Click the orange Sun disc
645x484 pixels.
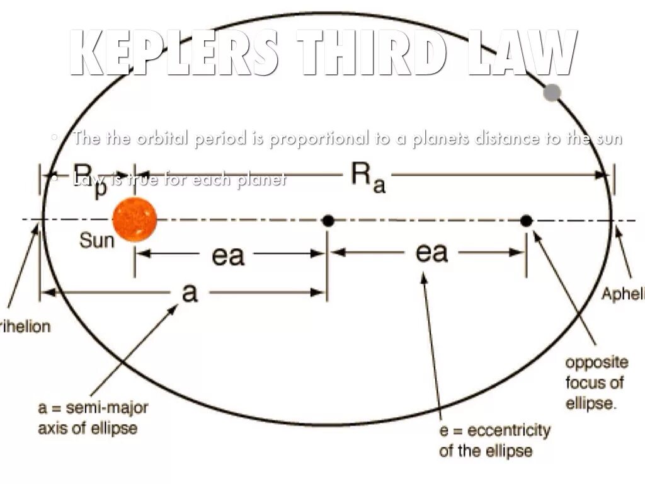[134, 219]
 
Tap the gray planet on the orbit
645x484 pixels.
[552, 93]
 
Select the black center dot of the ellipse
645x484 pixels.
[328, 221]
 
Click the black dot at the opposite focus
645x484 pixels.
[527, 221]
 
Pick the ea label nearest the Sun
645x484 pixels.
[228, 256]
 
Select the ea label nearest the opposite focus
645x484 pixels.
[431, 253]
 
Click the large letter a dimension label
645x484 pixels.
[189, 292]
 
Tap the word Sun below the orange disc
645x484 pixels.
[97, 240]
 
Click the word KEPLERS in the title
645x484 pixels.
[174, 54]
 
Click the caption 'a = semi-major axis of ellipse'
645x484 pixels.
[93, 417]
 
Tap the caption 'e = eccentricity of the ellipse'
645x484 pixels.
[494, 440]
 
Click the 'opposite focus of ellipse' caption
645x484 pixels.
[596, 382]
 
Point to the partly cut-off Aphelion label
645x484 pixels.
[624, 294]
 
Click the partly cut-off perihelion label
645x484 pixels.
[25, 327]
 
